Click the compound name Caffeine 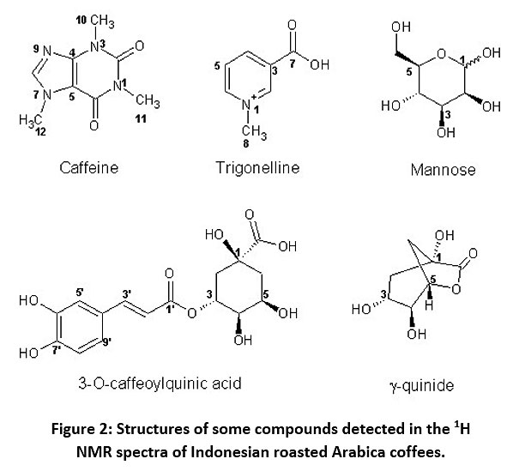(88, 168)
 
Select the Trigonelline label (257, 168)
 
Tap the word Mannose (443, 170)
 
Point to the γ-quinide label (422, 386)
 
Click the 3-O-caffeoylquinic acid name (160, 383)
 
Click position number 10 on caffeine (81, 21)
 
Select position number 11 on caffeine (141, 118)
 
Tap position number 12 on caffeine (40, 132)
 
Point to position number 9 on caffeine (36, 50)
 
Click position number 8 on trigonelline (246, 143)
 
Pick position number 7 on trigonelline (293, 63)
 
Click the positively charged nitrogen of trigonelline (246, 105)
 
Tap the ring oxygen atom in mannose (442, 54)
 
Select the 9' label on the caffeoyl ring (107, 342)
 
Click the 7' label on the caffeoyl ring (57, 350)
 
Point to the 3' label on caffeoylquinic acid (127, 294)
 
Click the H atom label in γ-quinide (430, 305)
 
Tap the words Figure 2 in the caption (79, 429)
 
